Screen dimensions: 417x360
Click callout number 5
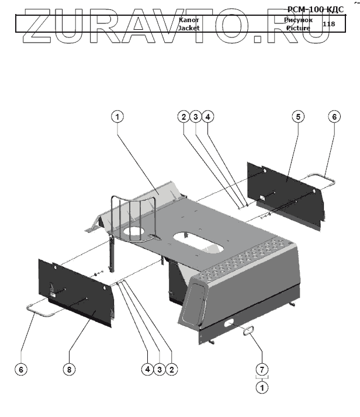297,117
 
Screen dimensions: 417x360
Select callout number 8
70,369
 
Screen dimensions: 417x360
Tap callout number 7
262,369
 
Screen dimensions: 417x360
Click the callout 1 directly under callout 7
262,387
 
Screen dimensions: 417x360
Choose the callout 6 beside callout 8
21,369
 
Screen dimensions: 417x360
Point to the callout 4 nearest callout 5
208,117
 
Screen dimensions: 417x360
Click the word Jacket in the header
189,27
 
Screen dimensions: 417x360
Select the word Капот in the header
189,20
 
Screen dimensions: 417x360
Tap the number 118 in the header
328,24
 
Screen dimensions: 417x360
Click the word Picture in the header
297,27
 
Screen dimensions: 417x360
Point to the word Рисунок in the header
298,20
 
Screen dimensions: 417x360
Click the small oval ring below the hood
248,331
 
